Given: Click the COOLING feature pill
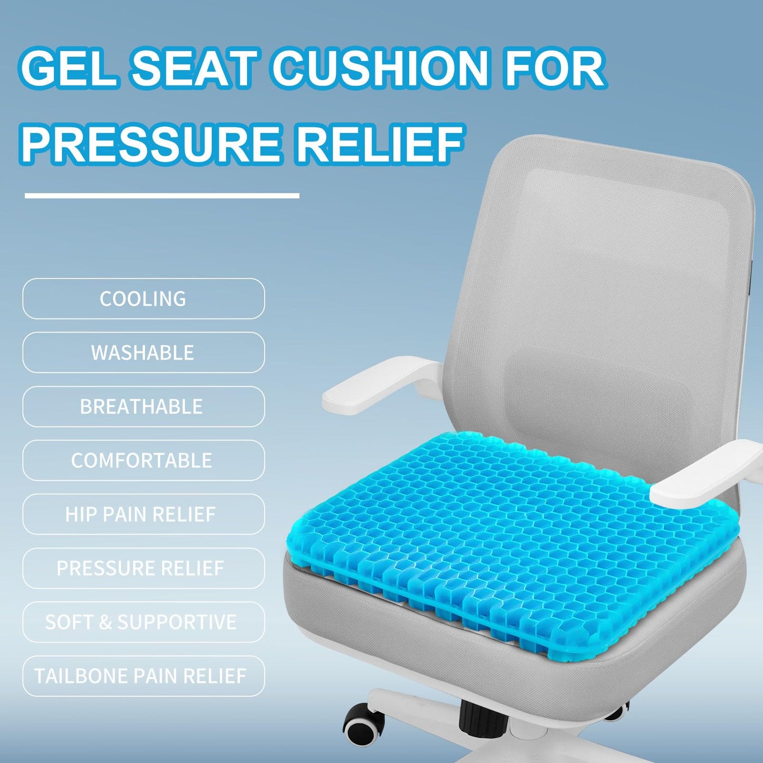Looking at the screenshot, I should (x=143, y=299).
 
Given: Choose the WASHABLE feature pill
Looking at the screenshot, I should (x=143, y=353).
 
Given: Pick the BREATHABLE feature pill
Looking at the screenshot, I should (x=143, y=407).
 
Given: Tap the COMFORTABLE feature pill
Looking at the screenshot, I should (x=143, y=460).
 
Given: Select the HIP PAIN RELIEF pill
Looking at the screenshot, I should (x=143, y=514).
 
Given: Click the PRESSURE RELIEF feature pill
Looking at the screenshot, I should (x=143, y=568).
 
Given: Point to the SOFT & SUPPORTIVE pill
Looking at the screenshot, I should (x=143, y=622).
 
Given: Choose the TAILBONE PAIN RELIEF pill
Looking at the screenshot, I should (x=143, y=676).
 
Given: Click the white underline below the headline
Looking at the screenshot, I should (x=162, y=196).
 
